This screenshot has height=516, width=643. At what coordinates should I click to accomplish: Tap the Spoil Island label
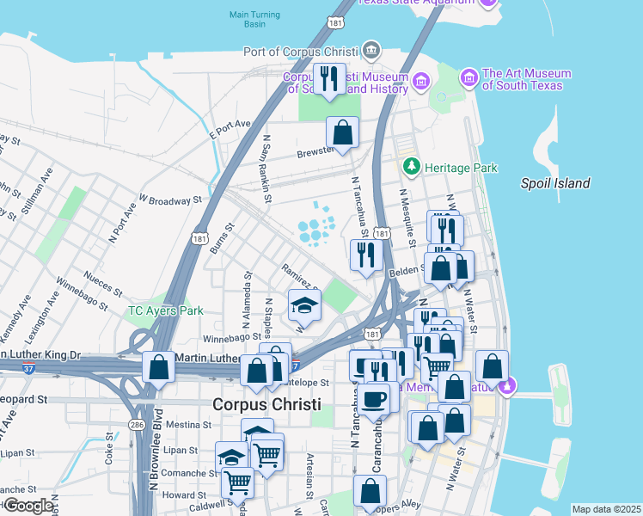(x=555, y=183)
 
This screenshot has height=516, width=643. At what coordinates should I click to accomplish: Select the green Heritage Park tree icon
(x=412, y=165)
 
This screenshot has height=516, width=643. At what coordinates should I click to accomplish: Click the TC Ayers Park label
(x=165, y=310)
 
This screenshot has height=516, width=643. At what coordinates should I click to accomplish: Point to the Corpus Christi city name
(x=266, y=404)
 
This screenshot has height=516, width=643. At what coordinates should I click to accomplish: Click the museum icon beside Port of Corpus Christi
(x=371, y=48)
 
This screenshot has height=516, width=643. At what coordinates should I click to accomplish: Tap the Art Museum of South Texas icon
(x=469, y=78)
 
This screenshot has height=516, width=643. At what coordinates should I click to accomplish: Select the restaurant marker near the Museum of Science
(x=329, y=80)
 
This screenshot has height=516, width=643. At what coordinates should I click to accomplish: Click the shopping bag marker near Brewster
(x=342, y=133)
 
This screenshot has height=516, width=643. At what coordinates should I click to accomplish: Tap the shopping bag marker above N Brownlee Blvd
(x=158, y=367)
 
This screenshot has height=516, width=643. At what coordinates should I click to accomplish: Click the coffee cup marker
(x=374, y=399)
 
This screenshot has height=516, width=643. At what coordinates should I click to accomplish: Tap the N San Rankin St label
(x=267, y=168)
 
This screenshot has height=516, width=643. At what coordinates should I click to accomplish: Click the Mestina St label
(x=190, y=425)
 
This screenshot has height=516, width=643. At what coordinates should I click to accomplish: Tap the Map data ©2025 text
(x=605, y=509)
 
